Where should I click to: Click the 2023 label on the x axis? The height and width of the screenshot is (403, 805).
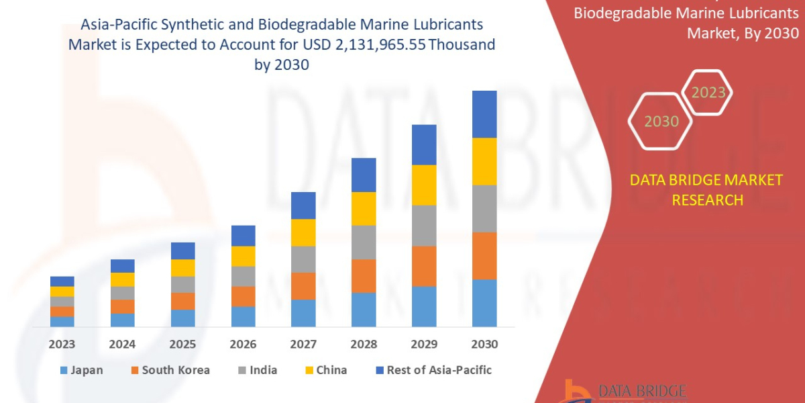[x=62, y=345]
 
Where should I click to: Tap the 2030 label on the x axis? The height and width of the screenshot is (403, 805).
[x=484, y=345]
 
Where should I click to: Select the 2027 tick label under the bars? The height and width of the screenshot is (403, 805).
[x=303, y=345]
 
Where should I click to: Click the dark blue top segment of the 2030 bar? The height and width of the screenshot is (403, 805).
[x=484, y=114]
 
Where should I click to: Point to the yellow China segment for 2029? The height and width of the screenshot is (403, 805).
[x=424, y=185]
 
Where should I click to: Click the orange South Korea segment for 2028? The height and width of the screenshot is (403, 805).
[x=364, y=276]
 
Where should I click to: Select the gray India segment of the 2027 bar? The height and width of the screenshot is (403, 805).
[x=303, y=259]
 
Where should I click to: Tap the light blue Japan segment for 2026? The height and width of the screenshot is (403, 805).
[x=243, y=316]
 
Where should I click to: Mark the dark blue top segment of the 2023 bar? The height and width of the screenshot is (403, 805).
[x=62, y=281]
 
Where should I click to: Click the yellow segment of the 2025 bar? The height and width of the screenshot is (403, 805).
[x=182, y=268]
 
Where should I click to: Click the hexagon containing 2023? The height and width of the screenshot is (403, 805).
[x=708, y=93]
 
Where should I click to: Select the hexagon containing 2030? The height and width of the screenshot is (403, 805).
[x=661, y=122]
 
